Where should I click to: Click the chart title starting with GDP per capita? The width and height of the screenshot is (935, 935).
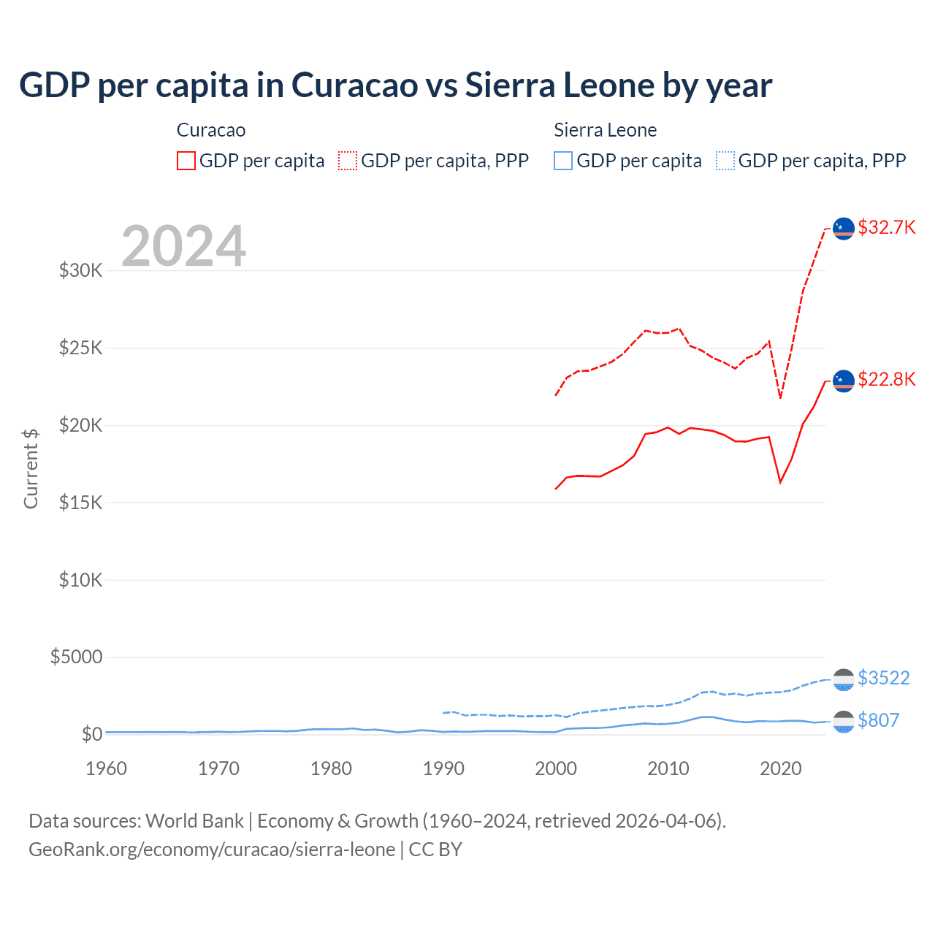[395, 85]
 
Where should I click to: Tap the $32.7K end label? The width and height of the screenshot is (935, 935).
[886, 227]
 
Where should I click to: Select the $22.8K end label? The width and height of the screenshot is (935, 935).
[886, 379]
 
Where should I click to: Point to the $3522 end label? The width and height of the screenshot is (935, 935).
[883, 678]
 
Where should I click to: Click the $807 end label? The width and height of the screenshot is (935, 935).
[878, 720]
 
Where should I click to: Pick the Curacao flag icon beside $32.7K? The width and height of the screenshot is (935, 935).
[844, 229]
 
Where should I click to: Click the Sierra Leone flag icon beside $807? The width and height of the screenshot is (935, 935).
[844, 722]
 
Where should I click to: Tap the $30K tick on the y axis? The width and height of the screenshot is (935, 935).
[80, 270]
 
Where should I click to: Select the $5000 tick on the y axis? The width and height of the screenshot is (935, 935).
[76, 657]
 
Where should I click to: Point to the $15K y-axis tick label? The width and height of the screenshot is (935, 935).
[80, 503]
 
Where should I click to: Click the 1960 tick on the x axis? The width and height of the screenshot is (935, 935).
[106, 768]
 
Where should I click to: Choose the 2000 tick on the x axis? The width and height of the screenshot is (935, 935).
[556, 768]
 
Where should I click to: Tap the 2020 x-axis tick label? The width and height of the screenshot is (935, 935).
[780, 768]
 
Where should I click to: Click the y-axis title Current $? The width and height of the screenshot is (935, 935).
[31, 468]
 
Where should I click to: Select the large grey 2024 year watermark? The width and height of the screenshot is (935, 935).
[183, 246]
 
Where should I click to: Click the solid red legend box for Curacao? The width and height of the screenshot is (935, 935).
[186, 161]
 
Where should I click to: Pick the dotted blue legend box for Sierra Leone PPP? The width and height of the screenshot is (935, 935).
[725, 161]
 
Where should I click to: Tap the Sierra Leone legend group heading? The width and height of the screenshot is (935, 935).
[605, 130]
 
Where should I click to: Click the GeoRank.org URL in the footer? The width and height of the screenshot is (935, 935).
[212, 850]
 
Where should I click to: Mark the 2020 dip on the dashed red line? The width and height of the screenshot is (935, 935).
[780, 397]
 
